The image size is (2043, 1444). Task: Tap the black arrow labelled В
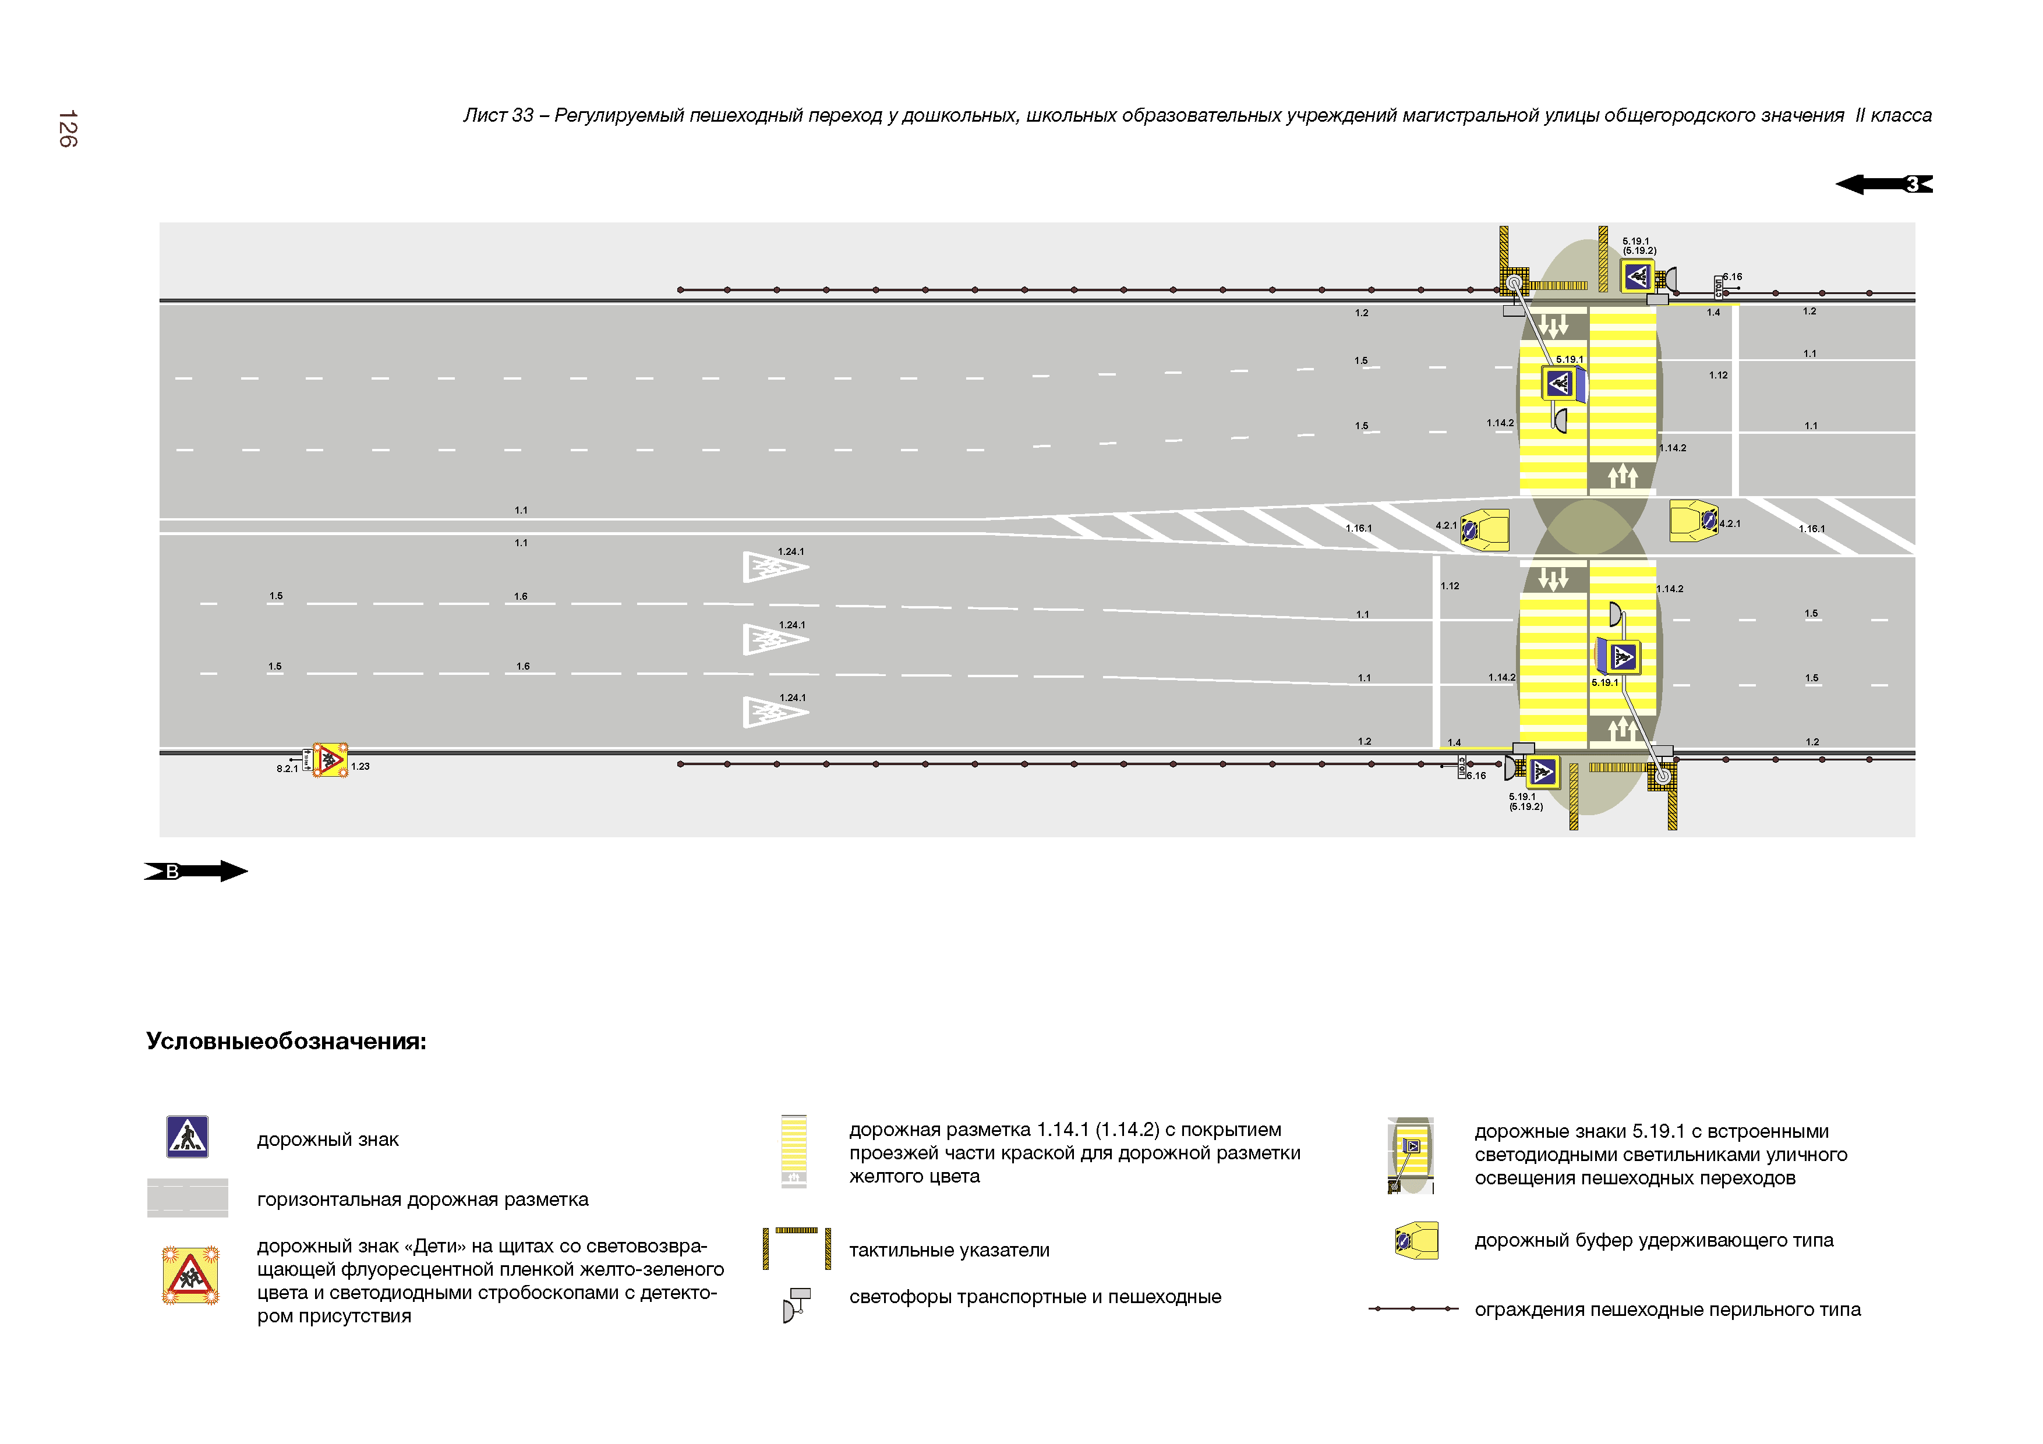pos(196,871)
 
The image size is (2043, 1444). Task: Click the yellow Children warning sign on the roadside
pos(330,760)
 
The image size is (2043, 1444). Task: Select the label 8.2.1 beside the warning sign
pos(287,769)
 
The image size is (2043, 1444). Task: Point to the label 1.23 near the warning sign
pos(360,766)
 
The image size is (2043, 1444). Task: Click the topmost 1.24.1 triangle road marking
pos(773,567)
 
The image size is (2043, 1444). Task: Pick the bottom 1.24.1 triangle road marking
pos(773,712)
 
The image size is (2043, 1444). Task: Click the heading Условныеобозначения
pos(285,1041)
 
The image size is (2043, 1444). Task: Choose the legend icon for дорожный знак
pos(188,1137)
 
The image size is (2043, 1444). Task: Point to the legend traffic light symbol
pos(796,1304)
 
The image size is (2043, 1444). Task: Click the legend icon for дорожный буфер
pos(1416,1240)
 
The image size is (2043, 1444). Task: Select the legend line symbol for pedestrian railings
pos(1413,1309)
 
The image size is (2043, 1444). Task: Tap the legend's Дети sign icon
pos(189,1276)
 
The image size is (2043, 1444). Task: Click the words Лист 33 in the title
pos(499,116)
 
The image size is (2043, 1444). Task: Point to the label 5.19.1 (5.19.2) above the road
pos(1639,246)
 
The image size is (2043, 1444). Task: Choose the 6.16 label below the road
pos(1476,776)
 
